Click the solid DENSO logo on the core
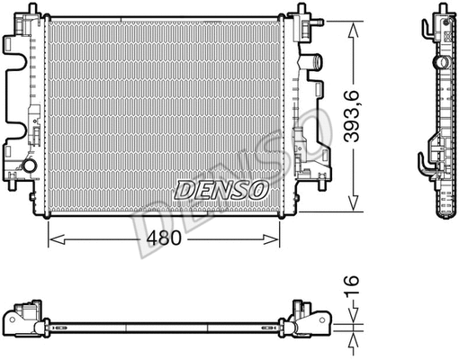coord(220,189)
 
